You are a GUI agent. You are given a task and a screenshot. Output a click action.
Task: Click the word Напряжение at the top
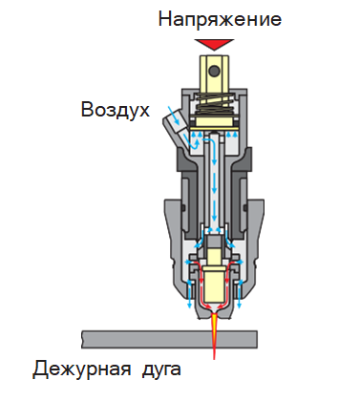pos(220,20)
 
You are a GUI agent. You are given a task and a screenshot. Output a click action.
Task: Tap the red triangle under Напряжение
pos(215,44)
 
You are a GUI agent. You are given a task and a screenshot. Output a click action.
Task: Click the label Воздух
pos(116,110)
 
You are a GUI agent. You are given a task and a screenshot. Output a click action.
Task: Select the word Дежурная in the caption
pos(81,369)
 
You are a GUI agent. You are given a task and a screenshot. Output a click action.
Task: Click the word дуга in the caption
pos(161,370)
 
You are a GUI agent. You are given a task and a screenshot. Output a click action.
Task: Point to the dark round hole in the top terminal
pos(215,70)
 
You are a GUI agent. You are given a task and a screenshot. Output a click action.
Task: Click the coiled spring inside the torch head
pos(215,104)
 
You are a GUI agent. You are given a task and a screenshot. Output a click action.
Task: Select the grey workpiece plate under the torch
pos(169,339)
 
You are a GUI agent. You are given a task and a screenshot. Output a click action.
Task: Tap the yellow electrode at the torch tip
pos(214,285)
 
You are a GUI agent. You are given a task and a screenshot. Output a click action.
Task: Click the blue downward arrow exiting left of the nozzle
pos(190,294)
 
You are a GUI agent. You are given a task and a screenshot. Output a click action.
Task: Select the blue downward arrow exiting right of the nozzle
pos(240,294)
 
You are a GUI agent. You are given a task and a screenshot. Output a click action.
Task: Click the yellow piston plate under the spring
pos(215,121)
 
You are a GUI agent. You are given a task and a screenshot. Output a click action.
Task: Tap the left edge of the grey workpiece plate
pos(82,339)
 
